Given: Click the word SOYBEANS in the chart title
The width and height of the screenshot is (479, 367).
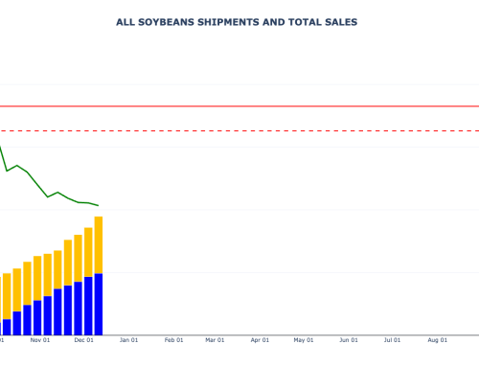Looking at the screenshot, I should pos(165,21).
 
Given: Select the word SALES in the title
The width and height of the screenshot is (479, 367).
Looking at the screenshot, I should pos(342,21).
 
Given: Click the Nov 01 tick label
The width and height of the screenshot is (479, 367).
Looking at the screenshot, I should pos(40,339).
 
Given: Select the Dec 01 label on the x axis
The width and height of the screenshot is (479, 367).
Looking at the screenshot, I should pos(84,339).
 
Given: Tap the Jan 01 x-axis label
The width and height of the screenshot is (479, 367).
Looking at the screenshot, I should pos(128,339).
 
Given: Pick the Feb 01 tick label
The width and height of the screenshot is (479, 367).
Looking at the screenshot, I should pos(173,339).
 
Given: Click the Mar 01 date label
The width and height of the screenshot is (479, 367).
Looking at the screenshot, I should pos(215,339).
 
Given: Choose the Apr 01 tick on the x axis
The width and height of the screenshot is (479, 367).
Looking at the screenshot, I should pos(260,339).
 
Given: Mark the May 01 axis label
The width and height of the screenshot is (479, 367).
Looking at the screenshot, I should pos(304,339).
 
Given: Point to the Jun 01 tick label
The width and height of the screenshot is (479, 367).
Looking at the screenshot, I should pos(349,339).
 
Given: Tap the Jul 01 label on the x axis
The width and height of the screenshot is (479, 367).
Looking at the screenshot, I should pos(392,339).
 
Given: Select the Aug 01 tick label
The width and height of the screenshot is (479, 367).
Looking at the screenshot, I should pos(438,339).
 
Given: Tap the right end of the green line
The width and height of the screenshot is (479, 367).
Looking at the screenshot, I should pos(98,205).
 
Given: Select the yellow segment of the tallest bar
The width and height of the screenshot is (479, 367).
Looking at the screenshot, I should pos(99,244).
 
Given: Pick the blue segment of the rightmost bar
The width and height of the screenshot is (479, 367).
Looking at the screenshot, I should pos(99,304).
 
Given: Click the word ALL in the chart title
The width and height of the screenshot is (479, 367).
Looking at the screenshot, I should pos(125,21).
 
